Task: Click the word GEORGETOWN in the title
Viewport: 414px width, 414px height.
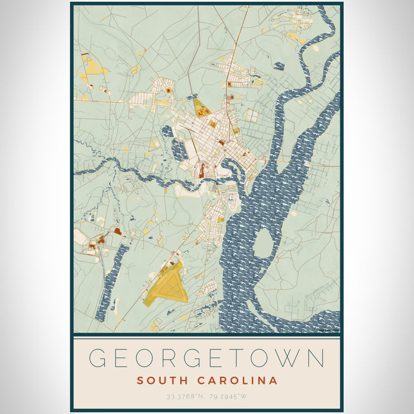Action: coord(207,359)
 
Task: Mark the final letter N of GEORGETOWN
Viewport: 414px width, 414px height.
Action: coord(317,359)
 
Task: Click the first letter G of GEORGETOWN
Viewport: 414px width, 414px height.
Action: coord(98,359)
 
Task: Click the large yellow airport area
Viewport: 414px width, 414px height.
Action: coord(168,283)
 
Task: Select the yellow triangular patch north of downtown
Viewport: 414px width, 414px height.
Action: coord(201,108)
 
